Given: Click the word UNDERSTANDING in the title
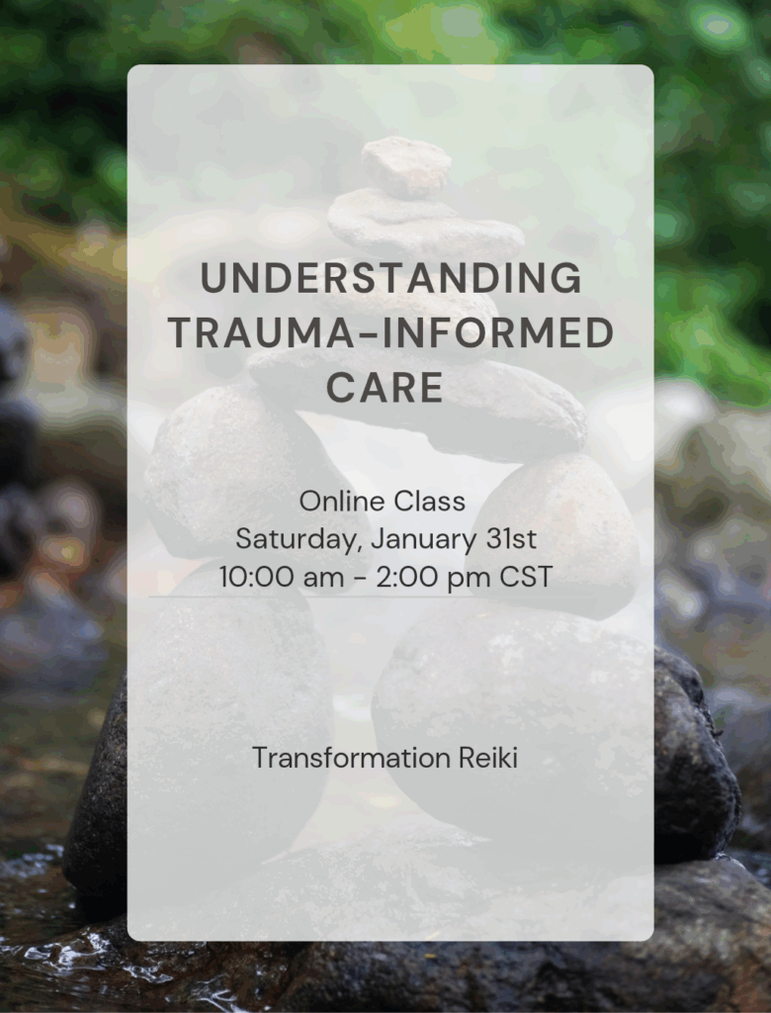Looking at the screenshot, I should [390, 280].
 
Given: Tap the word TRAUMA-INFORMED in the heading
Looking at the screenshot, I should [390, 334].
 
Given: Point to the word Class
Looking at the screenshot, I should [428, 502].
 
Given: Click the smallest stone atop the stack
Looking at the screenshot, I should [406, 164].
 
